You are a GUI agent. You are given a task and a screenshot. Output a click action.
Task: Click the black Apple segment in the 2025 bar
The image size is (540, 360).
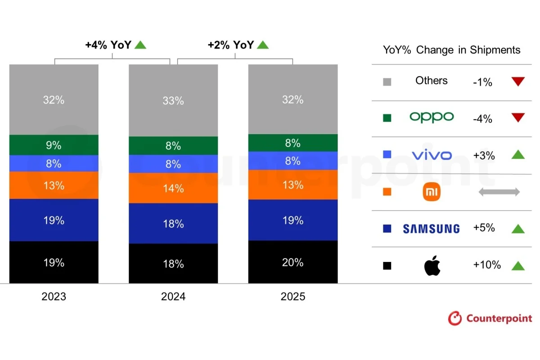pos(292,262)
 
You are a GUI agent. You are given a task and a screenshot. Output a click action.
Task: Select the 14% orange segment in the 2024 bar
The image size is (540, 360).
pos(173,188)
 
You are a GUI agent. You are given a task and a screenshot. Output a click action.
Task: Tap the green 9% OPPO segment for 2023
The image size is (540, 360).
pos(54,145)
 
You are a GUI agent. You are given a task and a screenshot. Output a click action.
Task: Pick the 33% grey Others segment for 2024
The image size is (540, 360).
pos(173,100)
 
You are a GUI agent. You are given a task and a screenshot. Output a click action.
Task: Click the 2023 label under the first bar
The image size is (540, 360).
pos(54,297)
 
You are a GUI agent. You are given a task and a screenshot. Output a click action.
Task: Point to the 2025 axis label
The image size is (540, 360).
pos(292,297)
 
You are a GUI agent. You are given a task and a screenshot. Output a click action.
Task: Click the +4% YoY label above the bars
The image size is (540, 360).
pos(110,45)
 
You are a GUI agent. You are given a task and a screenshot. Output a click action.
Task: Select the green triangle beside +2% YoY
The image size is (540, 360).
pos(262,45)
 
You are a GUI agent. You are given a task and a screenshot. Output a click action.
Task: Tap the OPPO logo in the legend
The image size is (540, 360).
pos(432,117)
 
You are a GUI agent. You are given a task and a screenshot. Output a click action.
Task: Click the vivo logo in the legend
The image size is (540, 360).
pos(432,155)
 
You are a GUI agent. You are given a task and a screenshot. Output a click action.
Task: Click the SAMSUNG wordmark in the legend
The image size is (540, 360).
pos(431,229)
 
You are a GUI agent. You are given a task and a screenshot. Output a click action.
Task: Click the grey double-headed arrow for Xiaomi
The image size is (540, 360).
pos(499,192)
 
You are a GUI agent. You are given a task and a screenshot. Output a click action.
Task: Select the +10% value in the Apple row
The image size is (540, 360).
pos(486,265)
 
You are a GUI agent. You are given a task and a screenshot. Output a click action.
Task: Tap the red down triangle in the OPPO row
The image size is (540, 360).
pos(518,118)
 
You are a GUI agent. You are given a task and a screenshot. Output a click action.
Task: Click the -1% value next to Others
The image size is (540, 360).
pos(482,82)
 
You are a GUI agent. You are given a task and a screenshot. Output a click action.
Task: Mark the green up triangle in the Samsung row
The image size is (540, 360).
pos(518,229)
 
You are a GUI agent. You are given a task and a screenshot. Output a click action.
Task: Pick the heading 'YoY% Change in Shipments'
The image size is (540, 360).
pos(451,50)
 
